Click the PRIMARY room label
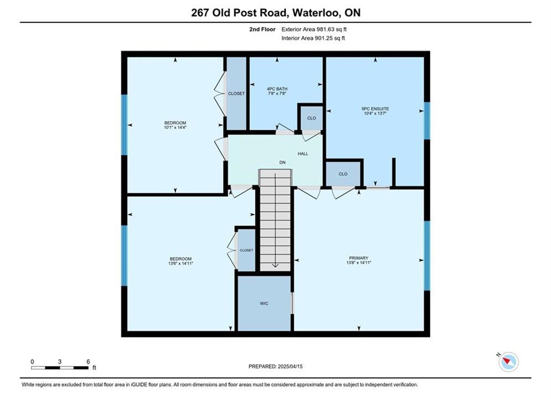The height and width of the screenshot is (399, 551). [358, 258]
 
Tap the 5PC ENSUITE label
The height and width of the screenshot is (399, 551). [375, 109]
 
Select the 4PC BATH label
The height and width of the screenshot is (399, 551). [277, 89]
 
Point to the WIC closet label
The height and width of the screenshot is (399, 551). [264, 303]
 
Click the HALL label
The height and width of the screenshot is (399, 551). [303, 154]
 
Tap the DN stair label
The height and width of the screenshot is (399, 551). [282, 162]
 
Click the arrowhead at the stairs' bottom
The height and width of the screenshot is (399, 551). [275, 265]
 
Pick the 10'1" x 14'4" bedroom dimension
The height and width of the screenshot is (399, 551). [175, 127]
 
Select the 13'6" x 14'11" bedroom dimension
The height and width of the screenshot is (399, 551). [181, 263]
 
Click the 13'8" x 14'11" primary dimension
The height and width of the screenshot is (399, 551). [358, 263]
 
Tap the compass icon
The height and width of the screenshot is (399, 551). [508, 362]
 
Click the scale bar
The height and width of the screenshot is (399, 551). [60, 368]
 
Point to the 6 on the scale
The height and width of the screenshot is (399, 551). [88, 361]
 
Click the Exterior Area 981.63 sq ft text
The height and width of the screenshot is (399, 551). [314, 29]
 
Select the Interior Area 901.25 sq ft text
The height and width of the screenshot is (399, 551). [313, 38]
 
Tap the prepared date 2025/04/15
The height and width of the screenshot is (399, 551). [290, 366]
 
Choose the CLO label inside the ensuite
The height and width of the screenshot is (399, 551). [343, 174]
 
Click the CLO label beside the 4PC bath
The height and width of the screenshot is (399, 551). [312, 118]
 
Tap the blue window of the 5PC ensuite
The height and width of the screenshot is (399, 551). [427, 121]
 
